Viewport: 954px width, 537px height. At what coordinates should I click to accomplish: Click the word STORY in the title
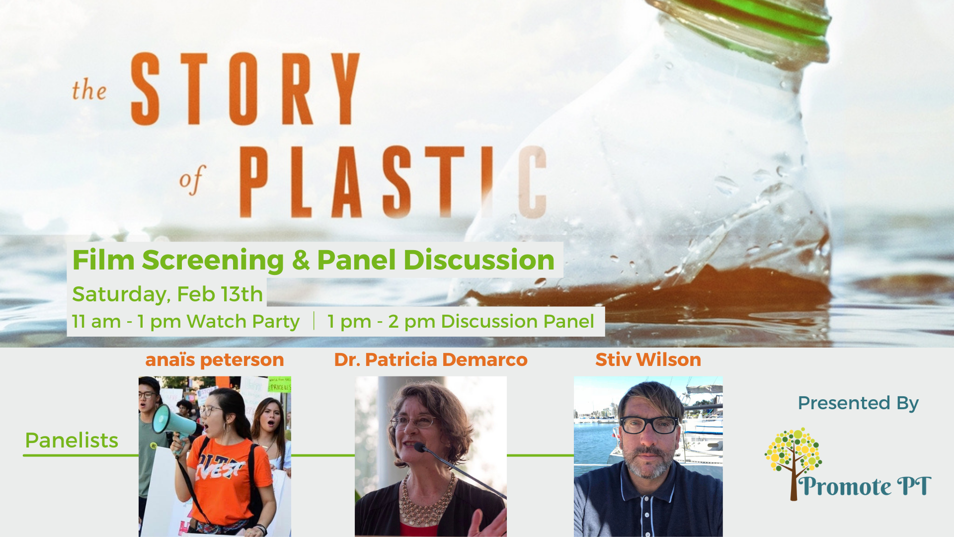click(245, 89)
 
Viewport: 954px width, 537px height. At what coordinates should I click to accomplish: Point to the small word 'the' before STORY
click(89, 90)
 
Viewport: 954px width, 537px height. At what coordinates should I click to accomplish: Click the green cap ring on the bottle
click(760, 20)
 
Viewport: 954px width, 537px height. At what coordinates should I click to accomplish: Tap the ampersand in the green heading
click(301, 260)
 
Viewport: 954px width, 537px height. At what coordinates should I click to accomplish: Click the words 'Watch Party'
click(243, 322)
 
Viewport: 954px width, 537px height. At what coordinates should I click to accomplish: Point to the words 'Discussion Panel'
click(517, 321)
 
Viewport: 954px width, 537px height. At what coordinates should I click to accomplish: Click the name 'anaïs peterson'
click(215, 360)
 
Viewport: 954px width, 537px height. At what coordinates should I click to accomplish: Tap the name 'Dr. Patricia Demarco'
click(431, 359)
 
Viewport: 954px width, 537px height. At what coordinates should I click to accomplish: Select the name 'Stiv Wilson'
click(648, 359)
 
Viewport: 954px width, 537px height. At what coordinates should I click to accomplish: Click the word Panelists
click(72, 441)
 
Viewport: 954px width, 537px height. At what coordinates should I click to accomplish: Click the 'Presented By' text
click(858, 403)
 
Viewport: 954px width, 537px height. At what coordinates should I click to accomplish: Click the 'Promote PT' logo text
click(865, 487)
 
